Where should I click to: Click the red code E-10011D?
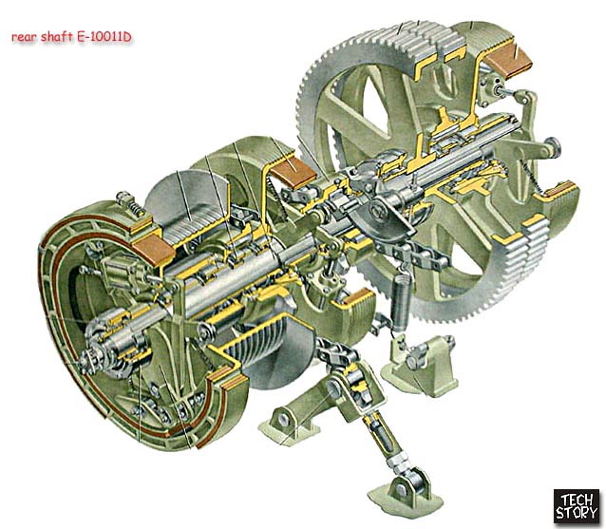pyautogui.click(x=104, y=37)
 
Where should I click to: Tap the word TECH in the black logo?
pyautogui.click(x=577, y=500)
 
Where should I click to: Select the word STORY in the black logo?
pyautogui.click(x=577, y=513)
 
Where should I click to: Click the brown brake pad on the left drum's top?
pyautogui.click(x=154, y=251)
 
